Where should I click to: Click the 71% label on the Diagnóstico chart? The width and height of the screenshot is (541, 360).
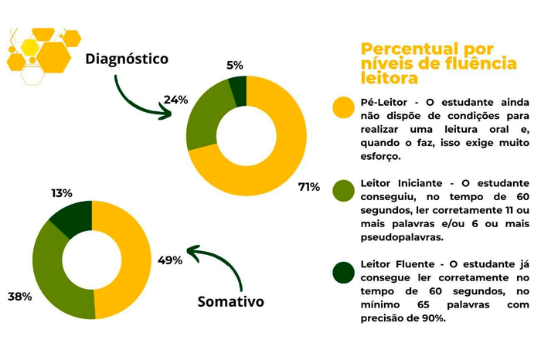(x=309, y=187)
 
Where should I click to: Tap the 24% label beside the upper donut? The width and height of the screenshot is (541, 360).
(x=176, y=100)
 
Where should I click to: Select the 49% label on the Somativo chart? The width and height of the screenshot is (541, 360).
(x=170, y=260)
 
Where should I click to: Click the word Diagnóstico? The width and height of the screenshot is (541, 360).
(x=126, y=59)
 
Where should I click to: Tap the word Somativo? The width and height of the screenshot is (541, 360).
(x=230, y=301)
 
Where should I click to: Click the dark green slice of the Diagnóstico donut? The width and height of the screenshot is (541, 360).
(x=238, y=90)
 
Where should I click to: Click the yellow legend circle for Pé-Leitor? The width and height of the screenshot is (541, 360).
(x=343, y=108)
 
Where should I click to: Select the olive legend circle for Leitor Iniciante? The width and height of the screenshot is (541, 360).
(x=343, y=190)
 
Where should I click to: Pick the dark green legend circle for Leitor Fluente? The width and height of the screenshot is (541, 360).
(x=343, y=273)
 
